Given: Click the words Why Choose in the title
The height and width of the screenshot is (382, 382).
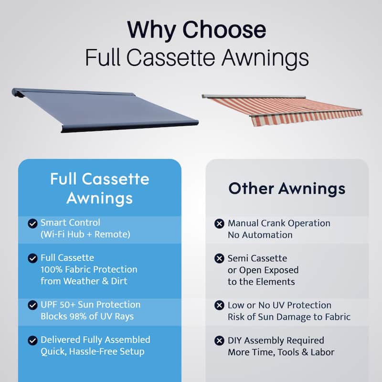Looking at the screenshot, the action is (x=197, y=30).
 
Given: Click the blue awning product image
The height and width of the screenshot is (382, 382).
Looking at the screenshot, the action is (x=105, y=110).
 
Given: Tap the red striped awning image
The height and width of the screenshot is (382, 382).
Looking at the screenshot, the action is (x=282, y=110).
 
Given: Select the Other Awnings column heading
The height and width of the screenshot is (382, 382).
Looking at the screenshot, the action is (x=287, y=189).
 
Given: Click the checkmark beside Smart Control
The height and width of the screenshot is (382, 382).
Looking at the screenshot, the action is (x=32, y=223).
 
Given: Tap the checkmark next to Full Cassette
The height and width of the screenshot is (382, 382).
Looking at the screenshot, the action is (x=32, y=258).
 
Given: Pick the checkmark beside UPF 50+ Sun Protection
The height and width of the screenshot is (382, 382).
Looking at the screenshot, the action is (x=32, y=305).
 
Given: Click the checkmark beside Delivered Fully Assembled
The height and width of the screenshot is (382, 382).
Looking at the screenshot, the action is (x=32, y=340).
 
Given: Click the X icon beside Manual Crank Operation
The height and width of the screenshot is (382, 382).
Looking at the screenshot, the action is (x=219, y=223).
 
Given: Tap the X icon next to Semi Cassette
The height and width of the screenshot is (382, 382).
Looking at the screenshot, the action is (x=219, y=258).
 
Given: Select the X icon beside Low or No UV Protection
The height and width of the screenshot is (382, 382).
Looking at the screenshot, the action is (x=219, y=305).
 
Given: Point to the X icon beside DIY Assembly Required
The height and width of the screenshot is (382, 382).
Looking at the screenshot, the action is (x=219, y=340).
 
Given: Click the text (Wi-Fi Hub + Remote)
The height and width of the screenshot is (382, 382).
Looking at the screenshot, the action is (x=85, y=234).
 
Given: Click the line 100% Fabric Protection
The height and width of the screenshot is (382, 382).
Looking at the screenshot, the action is (x=89, y=269).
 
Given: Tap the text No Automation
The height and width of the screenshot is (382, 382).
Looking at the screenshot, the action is (x=260, y=235).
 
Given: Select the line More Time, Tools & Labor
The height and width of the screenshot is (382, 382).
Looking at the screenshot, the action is (x=281, y=352).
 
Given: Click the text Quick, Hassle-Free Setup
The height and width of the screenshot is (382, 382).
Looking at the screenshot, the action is (x=93, y=351).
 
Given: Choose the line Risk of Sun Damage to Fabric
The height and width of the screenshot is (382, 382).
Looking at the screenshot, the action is (x=289, y=317).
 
